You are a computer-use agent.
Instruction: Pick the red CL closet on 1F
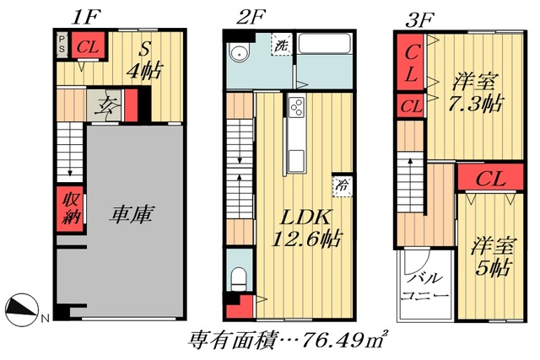pyautogui.click(x=86, y=46)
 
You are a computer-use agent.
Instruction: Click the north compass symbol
pyautogui.click(x=24, y=309)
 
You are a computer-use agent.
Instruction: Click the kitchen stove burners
pyautogui.click(x=296, y=107)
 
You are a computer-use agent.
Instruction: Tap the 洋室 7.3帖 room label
pyautogui.click(x=476, y=93)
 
